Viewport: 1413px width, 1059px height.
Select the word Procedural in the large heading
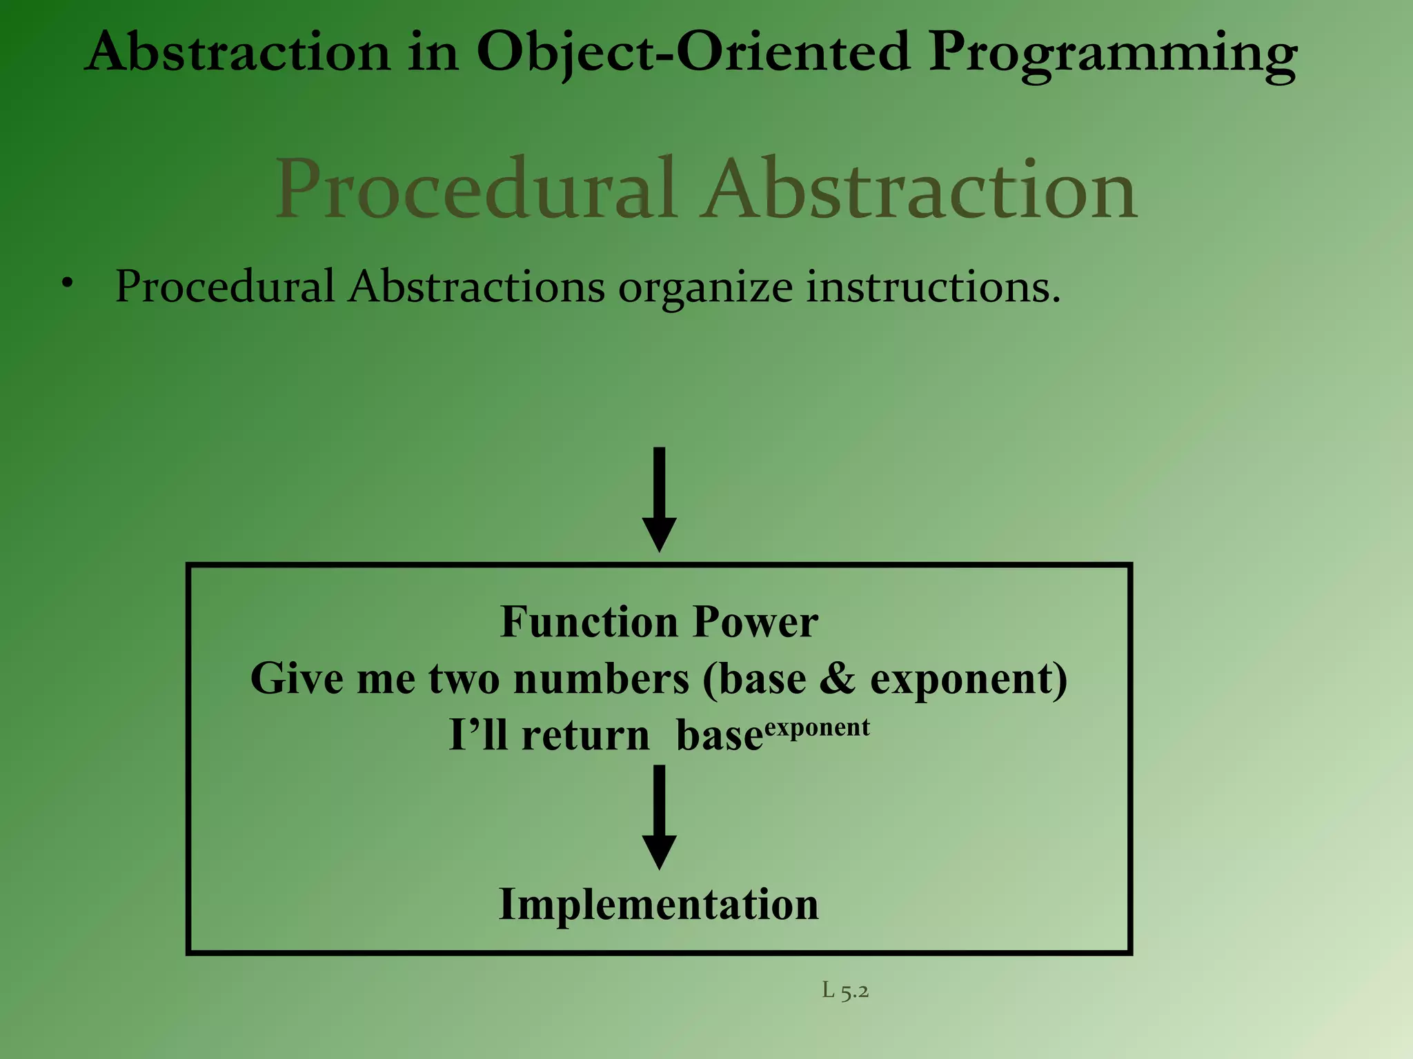[x=475, y=189]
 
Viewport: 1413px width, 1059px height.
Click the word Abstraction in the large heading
[x=920, y=189]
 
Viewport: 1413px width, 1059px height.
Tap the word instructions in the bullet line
[x=933, y=287]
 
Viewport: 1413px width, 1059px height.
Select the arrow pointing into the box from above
[x=659, y=499]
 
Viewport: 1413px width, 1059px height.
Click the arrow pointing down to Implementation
[x=659, y=816]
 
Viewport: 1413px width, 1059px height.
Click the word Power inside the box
[x=755, y=622]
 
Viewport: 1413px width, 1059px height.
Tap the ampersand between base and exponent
[x=838, y=678]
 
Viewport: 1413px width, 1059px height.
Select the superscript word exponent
[x=817, y=728]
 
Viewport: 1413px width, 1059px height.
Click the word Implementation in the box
[x=659, y=904]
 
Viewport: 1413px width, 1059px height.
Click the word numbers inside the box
[x=601, y=678]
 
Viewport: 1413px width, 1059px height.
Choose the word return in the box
[x=585, y=735]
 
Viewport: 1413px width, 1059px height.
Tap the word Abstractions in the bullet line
[x=477, y=287]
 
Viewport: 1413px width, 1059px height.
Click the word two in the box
[x=464, y=678]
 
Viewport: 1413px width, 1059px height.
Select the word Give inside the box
[x=297, y=678]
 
